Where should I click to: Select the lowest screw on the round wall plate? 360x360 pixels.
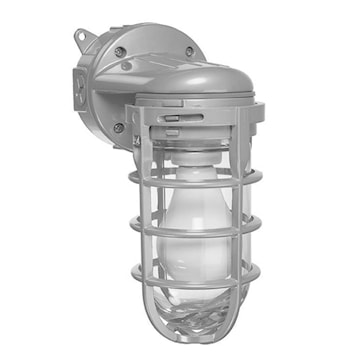[119, 127]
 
